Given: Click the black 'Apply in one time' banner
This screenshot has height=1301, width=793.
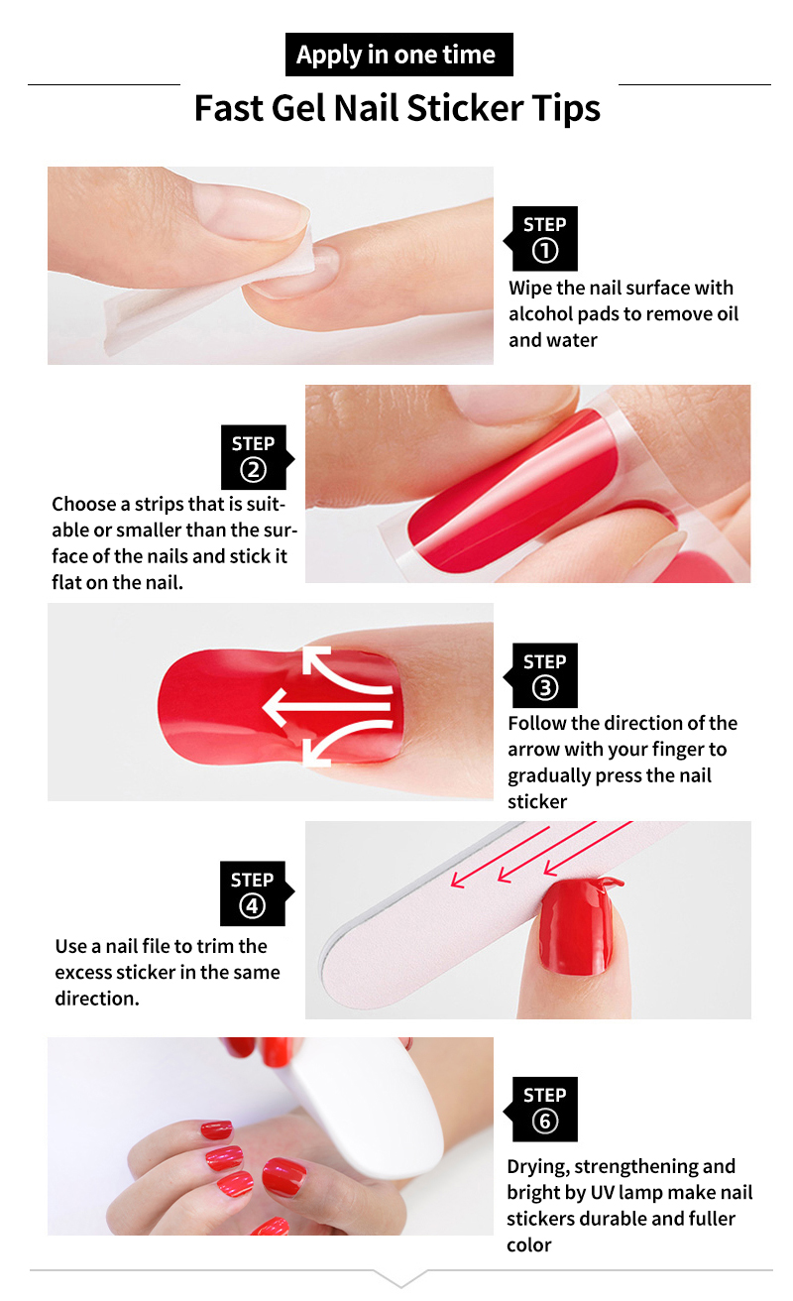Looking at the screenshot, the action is tap(398, 55).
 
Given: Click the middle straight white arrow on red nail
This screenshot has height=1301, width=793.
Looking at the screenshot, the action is tap(326, 707).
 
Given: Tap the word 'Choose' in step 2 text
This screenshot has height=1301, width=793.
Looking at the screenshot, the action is tap(83, 504).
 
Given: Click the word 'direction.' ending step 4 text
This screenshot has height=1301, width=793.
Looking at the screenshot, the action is tap(97, 999).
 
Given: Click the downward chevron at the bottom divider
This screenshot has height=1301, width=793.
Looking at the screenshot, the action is tap(400, 1278).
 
